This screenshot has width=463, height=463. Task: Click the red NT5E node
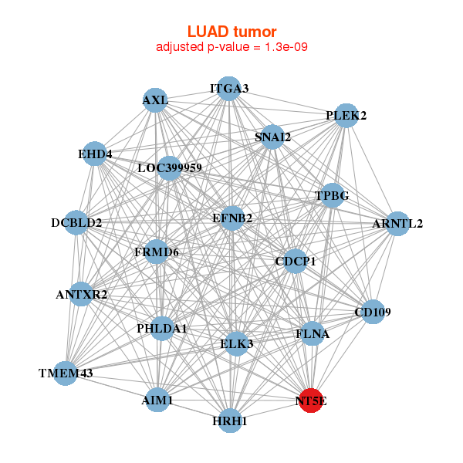[x=311, y=400]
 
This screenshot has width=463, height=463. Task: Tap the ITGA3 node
[x=228, y=89]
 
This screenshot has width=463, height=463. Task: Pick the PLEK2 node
[x=346, y=116]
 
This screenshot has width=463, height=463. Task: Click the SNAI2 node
[x=272, y=137]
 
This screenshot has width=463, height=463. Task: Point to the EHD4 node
[x=95, y=154]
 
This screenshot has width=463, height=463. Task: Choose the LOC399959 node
[x=170, y=167]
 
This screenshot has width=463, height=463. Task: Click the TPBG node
[x=332, y=196]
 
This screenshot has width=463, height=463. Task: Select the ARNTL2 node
[x=397, y=224]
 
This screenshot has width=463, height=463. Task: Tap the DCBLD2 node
[x=76, y=223]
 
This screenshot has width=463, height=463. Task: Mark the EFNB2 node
[x=232, y=218]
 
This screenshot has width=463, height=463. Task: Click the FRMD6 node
[x=157, y=252]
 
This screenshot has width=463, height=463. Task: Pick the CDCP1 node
[x=296, y=262]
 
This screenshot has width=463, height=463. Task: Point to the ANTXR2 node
[x=82, y=294]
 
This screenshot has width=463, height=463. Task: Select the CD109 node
[x=373, y=313]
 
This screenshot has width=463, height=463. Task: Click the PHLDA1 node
[x=162, y=329]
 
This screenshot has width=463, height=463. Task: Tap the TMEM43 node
[x=66, y=373]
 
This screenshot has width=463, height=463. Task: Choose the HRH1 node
[x=230, y=421]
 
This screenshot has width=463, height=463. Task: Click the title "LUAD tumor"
[x=231, y=32]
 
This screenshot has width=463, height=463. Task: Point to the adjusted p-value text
[x=231, y=47]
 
